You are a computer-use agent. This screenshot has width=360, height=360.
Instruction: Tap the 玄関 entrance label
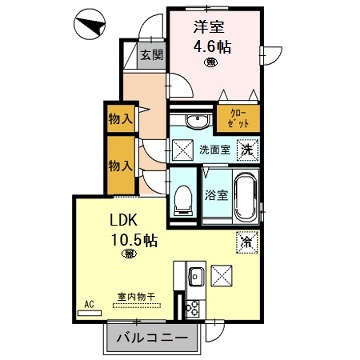click(151, 55)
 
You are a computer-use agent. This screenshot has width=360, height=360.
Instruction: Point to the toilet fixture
click(185, 195)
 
